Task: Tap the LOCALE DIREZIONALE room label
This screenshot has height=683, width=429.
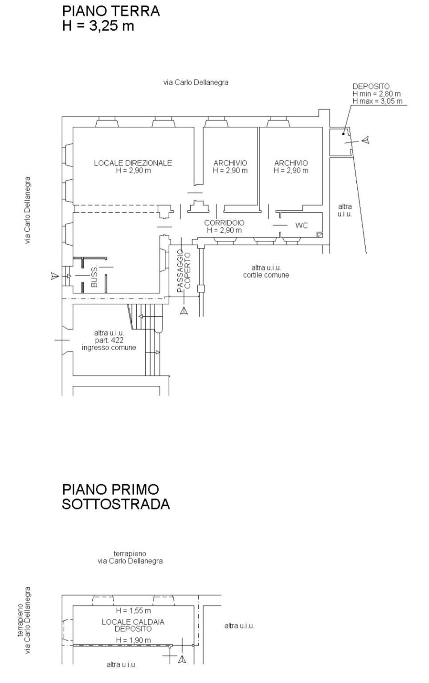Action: [x=133, y=163]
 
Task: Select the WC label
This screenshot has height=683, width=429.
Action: [x=302, y=226]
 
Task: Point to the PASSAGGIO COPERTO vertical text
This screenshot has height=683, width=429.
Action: [x=184, y=271]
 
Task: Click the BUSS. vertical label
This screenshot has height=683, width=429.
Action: [x=94, y=277]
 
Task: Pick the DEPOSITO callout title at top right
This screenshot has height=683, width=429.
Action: [x=371, y=86]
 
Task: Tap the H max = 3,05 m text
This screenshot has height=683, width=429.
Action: [x=377, y=101]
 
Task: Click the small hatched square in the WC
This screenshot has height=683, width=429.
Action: [x=319, y=234]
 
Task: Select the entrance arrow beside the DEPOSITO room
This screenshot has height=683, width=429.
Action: [x=365, y=141]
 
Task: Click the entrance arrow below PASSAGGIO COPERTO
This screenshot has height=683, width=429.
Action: [x=184, y=311]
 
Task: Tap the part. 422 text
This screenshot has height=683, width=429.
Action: [x=109, y=340]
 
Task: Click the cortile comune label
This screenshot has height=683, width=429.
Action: [x=266, y=275]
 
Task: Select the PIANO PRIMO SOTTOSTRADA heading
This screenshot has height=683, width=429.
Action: [x=115, y=497]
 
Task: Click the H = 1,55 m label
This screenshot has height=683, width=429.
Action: [x=133, y=611]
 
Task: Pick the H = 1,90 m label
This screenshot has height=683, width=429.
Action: [x=133, y=640]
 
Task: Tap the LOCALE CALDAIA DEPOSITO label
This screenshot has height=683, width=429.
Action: [x=133, y=625]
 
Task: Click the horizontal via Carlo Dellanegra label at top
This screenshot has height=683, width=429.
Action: [x=196, y=82]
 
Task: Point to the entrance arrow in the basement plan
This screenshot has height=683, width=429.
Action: [x=182, y=659]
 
